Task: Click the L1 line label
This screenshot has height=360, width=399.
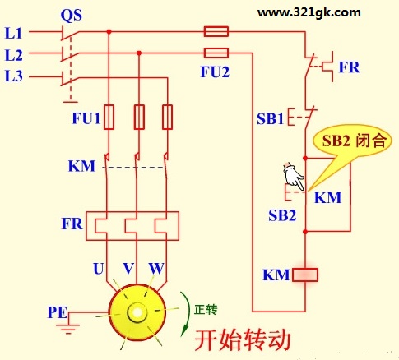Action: [13, 33]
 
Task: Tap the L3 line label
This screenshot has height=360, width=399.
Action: [13, 76]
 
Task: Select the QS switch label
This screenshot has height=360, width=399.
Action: [72, 16]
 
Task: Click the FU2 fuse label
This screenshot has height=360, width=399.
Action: [215, 72]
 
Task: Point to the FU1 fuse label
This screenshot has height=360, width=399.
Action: [86, 118]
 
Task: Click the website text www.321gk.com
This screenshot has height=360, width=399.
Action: [309, 12]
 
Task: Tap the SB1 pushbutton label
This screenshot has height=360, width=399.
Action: [270, 119]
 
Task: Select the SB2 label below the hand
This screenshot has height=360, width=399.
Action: [282, 215]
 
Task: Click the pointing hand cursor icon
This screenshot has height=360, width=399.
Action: [294, 176]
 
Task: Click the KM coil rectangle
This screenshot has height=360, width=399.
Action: [305, 275]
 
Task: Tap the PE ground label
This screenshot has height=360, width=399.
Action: [58, 312]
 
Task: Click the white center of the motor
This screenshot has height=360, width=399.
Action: [137, 312]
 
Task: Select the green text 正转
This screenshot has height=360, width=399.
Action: [206, 310]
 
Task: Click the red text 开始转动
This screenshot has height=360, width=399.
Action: [243, 339]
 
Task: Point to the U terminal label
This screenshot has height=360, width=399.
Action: [99, 269]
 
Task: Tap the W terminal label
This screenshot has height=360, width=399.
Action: [156, 269]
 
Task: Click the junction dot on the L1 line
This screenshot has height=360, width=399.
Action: [109, 32]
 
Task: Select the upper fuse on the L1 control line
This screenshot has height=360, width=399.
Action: [216, 31]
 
